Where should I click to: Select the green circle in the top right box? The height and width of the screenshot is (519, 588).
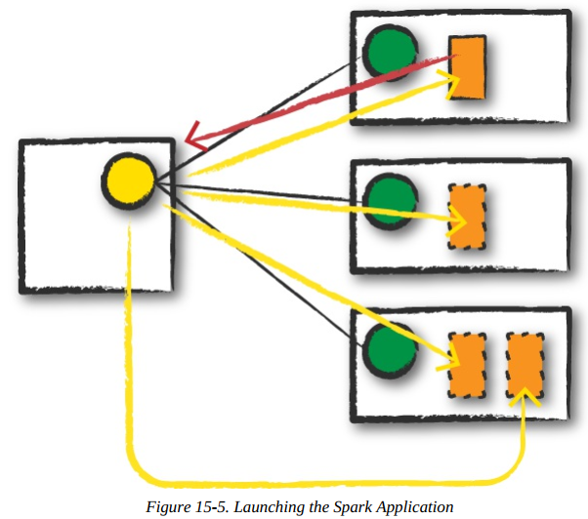[389, 49]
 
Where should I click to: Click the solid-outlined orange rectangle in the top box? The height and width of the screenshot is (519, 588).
[468, 67]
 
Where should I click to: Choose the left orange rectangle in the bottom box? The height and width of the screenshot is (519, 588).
[466, 365]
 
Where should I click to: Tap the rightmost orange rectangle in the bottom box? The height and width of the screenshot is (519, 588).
[525, 363]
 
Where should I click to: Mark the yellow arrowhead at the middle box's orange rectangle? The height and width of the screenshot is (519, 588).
[453, 220]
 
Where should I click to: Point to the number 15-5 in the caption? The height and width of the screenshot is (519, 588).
[231, 507]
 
